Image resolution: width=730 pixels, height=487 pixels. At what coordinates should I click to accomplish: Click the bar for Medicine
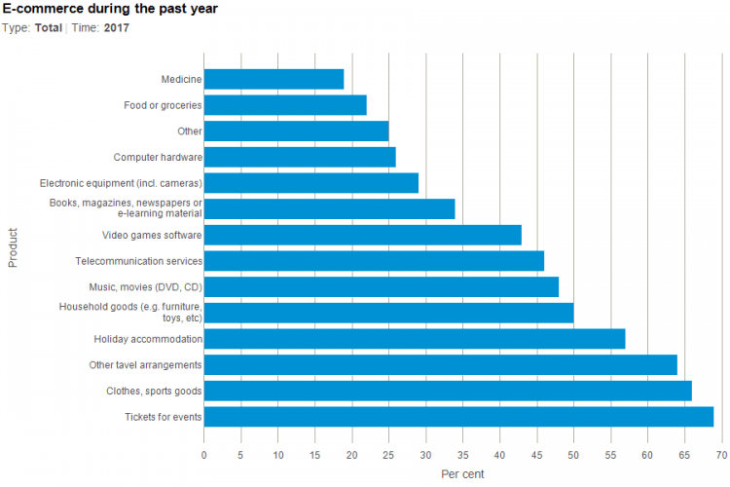point(274,79)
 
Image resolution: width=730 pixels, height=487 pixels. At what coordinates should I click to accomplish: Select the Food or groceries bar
point(285,105)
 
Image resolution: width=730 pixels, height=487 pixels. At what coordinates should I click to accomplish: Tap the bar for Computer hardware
point(300,157)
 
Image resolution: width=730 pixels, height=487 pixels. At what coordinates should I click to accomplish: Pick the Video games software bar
point(362,235)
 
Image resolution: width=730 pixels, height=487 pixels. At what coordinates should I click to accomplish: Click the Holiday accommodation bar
point(414,339)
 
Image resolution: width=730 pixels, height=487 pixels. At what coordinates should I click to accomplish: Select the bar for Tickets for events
point(458,417)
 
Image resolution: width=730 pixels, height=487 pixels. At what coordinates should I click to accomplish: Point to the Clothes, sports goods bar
point(448,391)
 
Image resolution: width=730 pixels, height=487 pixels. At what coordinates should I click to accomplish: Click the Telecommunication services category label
point(138,261)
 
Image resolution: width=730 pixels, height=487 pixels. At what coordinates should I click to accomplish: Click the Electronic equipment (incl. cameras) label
point(121,183)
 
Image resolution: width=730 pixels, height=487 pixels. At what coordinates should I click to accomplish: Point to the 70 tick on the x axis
point(721,454)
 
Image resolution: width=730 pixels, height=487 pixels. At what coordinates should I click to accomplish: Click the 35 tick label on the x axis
point(462,454)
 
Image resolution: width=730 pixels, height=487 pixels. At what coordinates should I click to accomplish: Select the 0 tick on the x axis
point(204,454)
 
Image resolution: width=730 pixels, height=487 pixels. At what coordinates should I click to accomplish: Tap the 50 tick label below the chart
point(573,454)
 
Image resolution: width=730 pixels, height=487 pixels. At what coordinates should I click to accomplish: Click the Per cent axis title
point(462,474)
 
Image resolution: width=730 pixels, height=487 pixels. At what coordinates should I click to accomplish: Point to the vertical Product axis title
point(13,247)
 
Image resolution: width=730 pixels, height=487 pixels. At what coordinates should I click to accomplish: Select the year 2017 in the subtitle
point(117,27)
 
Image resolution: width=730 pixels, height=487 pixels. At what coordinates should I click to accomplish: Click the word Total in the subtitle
point(49,27)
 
